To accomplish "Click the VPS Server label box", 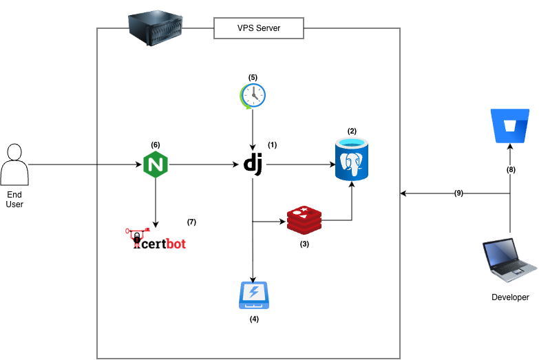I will click(259, 28).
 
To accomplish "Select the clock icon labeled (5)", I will click(253, 96).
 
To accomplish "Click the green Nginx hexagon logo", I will click(157, 165).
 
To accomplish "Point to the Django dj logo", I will click(253, 165).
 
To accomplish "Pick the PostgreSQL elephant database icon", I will click(352, 159).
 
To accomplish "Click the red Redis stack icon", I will click(304, 220).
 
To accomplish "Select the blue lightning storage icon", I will click(253, 295).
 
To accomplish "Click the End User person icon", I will click(14, 165).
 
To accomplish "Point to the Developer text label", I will click(510, 297).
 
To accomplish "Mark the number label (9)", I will click(459, 194).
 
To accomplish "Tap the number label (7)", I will click(191, 222).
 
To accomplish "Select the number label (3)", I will click(303, 244).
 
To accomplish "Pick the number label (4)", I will click(253, 319).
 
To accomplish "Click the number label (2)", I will click(352, 131).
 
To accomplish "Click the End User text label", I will click(14, 200).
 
